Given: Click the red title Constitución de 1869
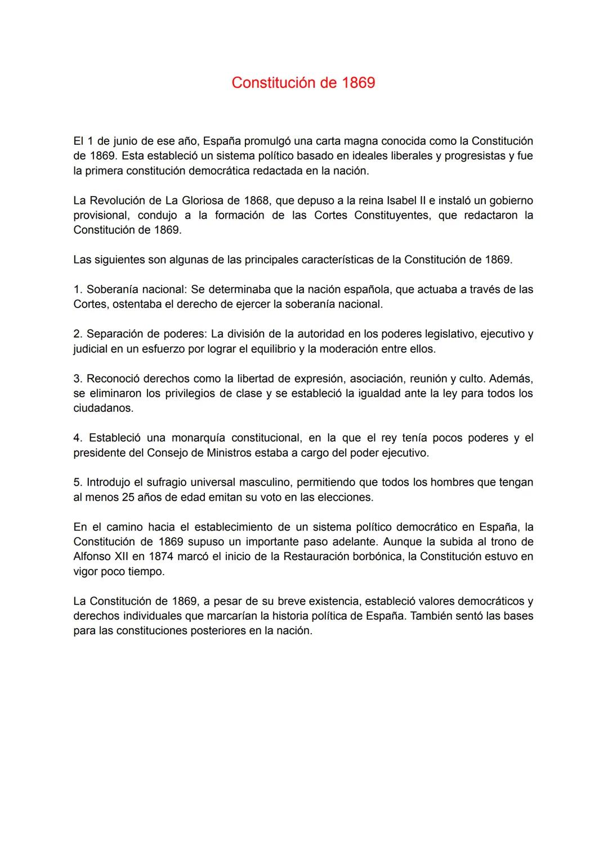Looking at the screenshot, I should click(x=303, y=83).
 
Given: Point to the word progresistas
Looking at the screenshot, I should click(x=472, y=155).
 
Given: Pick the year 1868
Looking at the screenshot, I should click(x=256, y=201).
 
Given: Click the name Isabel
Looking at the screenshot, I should click(x=403, y=201).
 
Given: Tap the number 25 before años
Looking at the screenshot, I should click(x=128, y=497).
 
